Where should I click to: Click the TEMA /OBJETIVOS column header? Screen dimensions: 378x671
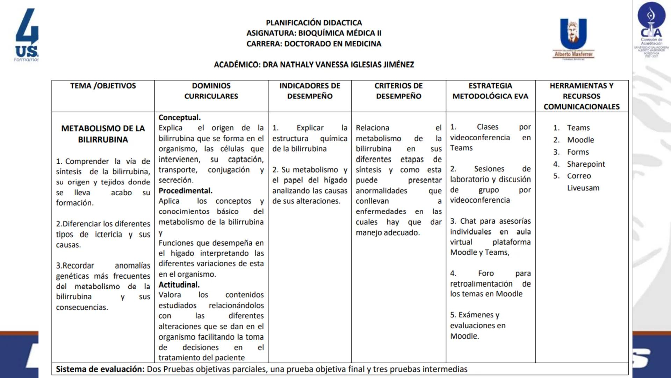(103, 86)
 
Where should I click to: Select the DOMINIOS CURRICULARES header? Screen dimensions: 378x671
(211, 91)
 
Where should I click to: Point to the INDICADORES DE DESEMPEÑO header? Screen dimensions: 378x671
(310, 91)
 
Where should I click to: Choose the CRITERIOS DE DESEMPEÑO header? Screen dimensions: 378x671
(398, 91)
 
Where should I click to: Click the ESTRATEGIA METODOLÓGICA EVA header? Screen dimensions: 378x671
(490, 91)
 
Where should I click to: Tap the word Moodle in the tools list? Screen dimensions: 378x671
(580, 140)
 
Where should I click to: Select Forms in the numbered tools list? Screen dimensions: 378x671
(578, 152)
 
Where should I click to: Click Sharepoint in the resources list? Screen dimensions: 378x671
(586, 164)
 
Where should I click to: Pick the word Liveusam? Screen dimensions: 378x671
(583, 188)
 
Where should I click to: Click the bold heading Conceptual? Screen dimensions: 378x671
(180, 118)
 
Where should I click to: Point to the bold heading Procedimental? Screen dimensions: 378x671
(185, 191)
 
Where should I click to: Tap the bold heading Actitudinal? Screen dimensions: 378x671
(179, 285)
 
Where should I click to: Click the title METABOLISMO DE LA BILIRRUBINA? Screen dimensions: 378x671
(103, 134)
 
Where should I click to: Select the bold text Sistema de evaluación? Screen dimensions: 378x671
(100, 369)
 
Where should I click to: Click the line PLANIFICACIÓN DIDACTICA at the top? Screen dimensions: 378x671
(314, 23)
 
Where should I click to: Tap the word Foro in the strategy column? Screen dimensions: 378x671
(486, 273)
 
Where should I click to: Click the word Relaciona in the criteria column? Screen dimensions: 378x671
(372, 128)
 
